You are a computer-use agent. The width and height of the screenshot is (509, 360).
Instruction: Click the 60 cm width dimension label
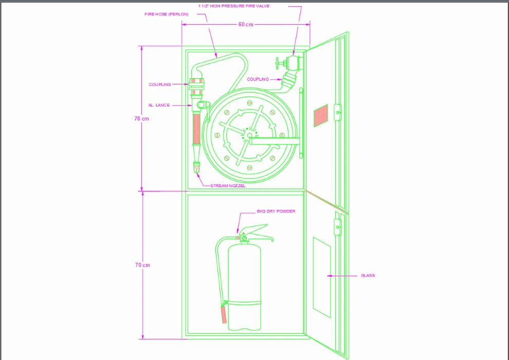(246, 25)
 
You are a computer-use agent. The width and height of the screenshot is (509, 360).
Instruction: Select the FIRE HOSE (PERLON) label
(166, 14)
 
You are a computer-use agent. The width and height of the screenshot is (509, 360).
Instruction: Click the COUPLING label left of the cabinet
(160, 84)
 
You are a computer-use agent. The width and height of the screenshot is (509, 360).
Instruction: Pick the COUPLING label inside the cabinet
(258, 79)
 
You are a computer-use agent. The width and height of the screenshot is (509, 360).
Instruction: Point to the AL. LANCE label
(159, 105)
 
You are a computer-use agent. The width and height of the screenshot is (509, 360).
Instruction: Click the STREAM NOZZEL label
(228, 185)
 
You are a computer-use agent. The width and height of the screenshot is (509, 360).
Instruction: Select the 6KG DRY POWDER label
(276, 211)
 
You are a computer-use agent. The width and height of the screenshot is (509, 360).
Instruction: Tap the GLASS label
(368, 276)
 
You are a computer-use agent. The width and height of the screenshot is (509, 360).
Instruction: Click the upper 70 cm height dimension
(142, 119)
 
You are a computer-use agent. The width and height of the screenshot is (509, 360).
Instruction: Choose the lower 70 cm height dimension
(142, 265)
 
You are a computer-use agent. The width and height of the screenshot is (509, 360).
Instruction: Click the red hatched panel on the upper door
(320, 115)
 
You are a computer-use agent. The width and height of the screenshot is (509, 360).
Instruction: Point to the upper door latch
(337, 111)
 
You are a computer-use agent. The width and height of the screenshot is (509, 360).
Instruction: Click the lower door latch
(337, 226)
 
